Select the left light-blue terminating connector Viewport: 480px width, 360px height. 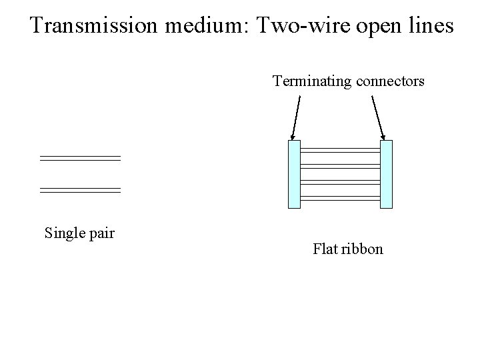click(x=294, y=174)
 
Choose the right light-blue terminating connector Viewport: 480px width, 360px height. click(x=386, y=174)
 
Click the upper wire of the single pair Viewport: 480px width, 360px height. click(x=80, y=158)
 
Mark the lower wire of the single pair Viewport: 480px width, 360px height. click(x=80, y=190)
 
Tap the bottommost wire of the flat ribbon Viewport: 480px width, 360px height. click(x=340, y=198)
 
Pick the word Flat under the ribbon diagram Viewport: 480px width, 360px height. click(x=325, y=249)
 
